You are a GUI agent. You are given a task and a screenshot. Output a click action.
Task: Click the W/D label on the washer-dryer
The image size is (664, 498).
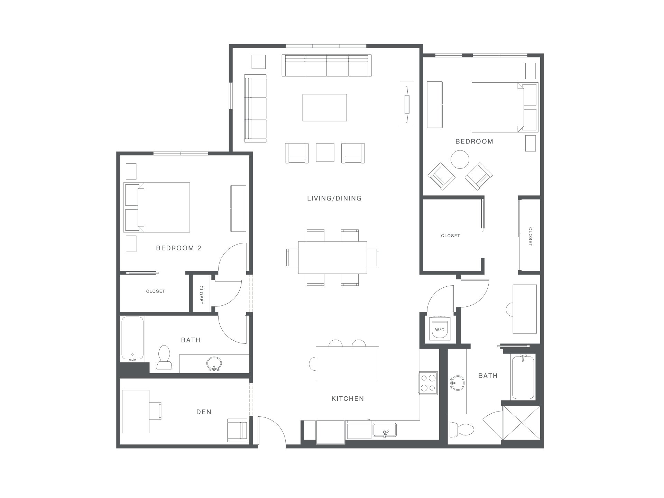tap(440, 330)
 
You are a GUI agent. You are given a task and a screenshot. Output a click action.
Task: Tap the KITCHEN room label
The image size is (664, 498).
tap(348, 398)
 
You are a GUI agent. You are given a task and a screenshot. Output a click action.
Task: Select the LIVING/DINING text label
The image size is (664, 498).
tap(334, 198)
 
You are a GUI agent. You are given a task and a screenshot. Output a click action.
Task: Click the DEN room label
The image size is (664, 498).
tap(204, 412)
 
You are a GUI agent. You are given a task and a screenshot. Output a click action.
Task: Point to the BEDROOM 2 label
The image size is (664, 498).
tap(178, 248)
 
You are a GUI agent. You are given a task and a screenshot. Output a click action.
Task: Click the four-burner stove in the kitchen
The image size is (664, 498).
tap(428, 383)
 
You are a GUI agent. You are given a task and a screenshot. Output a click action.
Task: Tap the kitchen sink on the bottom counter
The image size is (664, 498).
tap(385, 430)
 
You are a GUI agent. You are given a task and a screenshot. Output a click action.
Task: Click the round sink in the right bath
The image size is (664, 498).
tap(458, 383)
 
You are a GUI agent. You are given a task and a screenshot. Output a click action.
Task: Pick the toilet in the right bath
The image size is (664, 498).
tap(462, 430)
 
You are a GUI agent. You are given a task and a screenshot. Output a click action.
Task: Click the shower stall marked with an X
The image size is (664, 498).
tap(521, 423)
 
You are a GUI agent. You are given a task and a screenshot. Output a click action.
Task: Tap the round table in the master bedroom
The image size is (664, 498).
tap(460, 159)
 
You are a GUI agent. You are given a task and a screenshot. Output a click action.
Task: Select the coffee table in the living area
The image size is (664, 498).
tap(324, 108)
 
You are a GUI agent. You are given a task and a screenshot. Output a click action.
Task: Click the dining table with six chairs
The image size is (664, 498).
tap(333, 257)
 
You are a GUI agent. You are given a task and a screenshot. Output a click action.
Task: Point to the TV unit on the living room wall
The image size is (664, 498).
tap(407, 104)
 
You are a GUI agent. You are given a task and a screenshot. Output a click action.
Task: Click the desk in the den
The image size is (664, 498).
tap(136, 412)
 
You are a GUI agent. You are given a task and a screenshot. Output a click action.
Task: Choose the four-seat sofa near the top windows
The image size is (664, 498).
tap(326, 65)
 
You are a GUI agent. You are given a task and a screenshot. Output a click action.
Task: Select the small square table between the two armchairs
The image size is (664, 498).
tap(325, 153)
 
